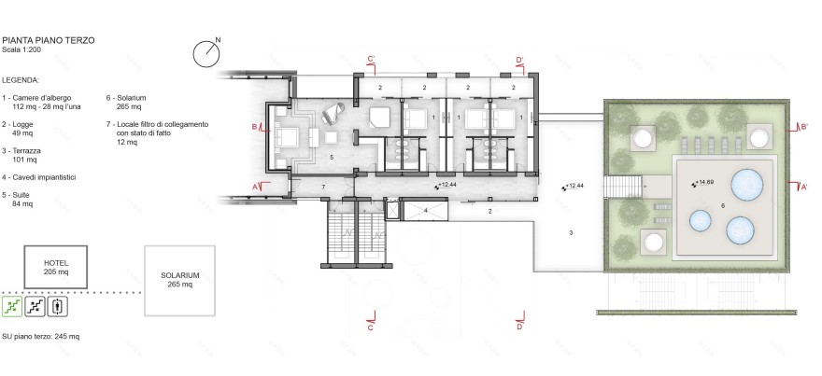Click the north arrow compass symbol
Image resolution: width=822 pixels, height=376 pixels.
206,53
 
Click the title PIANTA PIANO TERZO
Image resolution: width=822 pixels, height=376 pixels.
47,41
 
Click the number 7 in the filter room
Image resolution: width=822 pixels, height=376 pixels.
324,188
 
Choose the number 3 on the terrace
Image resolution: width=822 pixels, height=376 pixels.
570,232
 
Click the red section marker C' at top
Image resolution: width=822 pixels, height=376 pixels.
371,61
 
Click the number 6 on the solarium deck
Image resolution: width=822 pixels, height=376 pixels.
722,205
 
